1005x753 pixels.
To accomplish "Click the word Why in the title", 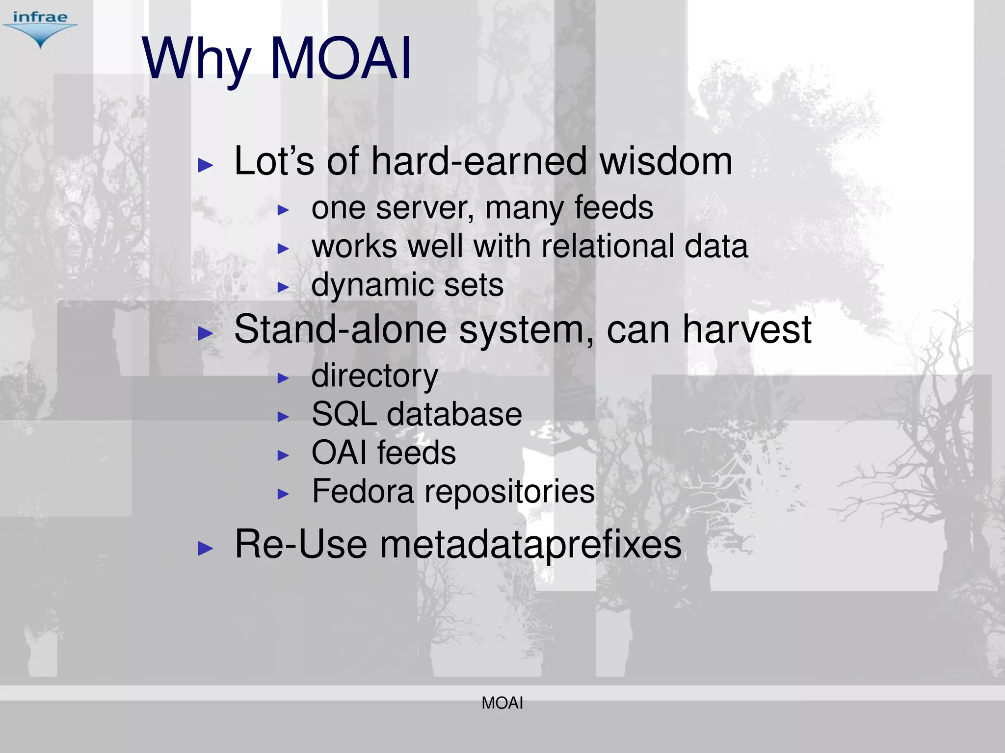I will click(x=196, y=60).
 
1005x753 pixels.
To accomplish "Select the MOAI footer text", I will click(x=502, y=703).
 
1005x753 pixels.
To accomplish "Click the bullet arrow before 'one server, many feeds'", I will click(x=283, y=210).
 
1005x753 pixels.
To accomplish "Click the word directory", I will click(x=374, y=376).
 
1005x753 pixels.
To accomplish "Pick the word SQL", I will click(x=344, y=414).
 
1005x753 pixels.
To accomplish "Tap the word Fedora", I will click(x=363, y=491).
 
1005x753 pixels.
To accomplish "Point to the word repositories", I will click(x=509, y=491).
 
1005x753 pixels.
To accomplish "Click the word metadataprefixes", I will click(x=530, y=544).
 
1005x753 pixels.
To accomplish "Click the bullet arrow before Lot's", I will click(x=205, y=165).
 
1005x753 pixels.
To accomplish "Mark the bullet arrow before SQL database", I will click(x=283, y=417).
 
